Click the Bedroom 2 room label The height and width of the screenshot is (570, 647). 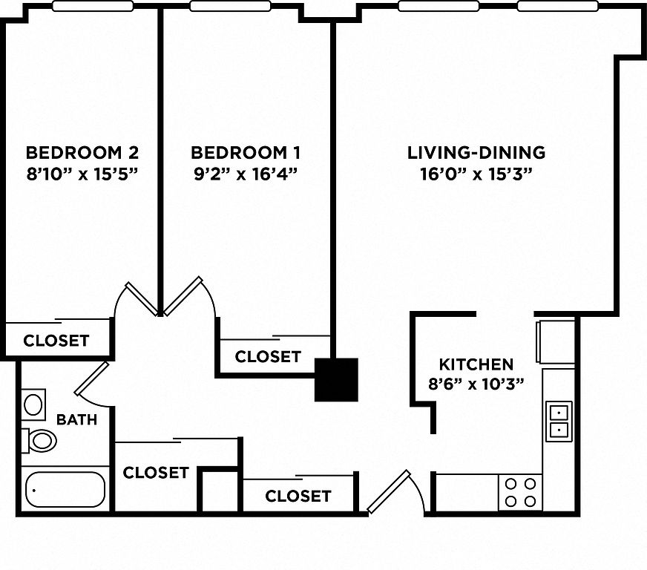pos(82,153)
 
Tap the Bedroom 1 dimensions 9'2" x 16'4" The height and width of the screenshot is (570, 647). pos(246,174)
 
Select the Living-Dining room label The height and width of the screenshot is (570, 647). pos(476,153)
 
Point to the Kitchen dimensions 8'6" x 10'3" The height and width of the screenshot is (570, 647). pos(476,384)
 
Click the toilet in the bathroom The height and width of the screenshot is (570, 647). pos(39,440)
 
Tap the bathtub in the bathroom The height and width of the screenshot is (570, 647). pos(65,490)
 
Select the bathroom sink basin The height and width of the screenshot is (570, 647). pos(33,404)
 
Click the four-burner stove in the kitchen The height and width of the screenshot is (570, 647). pos(520,492)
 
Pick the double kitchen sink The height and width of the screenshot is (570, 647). pos(559,421)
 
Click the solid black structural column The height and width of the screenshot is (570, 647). pos(336,380)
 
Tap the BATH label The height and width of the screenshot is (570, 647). pos(76,420)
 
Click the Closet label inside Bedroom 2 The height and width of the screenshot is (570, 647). pos(56,341)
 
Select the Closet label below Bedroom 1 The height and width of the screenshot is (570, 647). pos(268,356)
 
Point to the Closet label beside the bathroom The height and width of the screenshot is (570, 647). pos(156,473)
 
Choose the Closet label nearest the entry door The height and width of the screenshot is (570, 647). pos(298,496)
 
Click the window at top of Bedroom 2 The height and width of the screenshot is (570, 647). pos(93,6)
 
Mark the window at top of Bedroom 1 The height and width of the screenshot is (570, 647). pos(230,6)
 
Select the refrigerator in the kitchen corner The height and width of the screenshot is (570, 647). pos(556,341)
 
